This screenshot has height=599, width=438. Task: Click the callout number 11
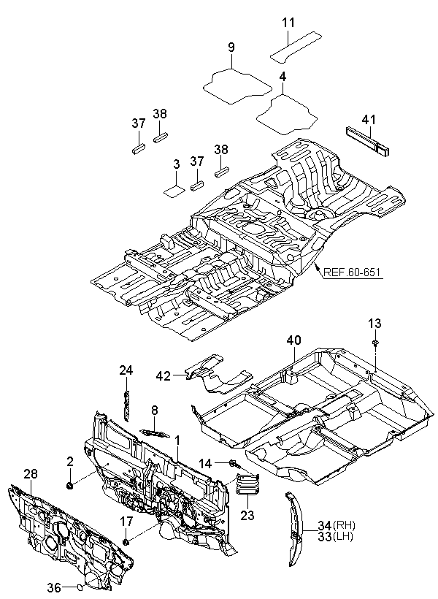coord(288,23)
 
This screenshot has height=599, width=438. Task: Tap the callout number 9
coord(231,47)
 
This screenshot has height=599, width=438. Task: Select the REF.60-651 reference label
coord(352,272)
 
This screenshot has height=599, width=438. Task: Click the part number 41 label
coord(369,120)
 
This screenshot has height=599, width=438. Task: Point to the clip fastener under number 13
coord(376,343)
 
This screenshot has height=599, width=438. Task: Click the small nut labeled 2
coord(70,486)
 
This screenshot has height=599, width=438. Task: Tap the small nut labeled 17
coord(126,541)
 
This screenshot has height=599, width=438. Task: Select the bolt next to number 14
coord(234,464)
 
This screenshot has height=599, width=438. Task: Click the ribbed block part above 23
coord(247,484)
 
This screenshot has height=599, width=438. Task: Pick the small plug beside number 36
coord(80,587)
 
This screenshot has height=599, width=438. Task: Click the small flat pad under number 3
coord(174,190)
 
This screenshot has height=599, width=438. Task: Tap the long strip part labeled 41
coord(369,142)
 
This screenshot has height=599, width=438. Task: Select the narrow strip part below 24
coord(126,405)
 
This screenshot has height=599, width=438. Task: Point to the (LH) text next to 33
coord(343,537)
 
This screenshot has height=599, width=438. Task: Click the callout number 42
coord(163,376)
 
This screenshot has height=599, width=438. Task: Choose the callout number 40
coord(293,340)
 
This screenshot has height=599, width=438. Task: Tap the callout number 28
coord(30,474)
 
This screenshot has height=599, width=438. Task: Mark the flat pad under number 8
coord(154,432)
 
